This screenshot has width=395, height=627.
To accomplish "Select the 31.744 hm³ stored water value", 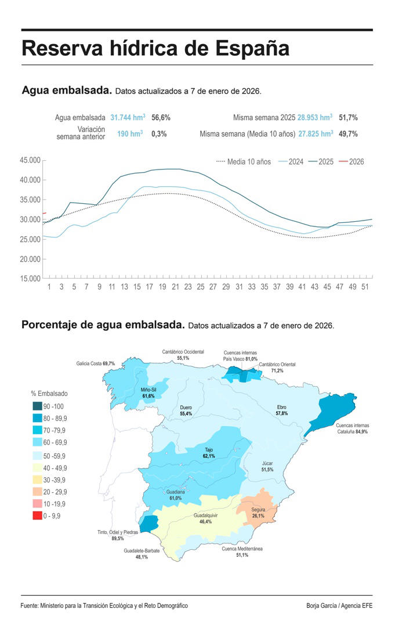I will (x=128, y=117).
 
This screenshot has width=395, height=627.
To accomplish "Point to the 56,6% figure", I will (x=161, y=117).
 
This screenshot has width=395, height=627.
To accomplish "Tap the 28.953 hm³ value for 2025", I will (x=315, y=117).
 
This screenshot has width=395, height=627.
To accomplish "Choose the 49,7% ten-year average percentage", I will (x=348, y=134).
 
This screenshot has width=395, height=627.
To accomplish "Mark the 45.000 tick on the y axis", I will (x=29, y=160).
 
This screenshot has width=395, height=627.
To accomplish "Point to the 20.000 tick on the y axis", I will (x=29, y=259).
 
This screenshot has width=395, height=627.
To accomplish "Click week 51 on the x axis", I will (x=364, y=287).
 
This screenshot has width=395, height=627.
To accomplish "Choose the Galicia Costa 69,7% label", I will (x=95, y=363).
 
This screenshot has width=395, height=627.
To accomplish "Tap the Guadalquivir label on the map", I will (x=205, y=518).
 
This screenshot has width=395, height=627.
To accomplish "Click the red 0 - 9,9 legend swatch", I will (x=38, y=516).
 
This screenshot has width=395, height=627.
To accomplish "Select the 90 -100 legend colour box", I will (x=38, y=406).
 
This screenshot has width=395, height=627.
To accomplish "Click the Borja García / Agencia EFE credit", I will (x=339, y=606).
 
